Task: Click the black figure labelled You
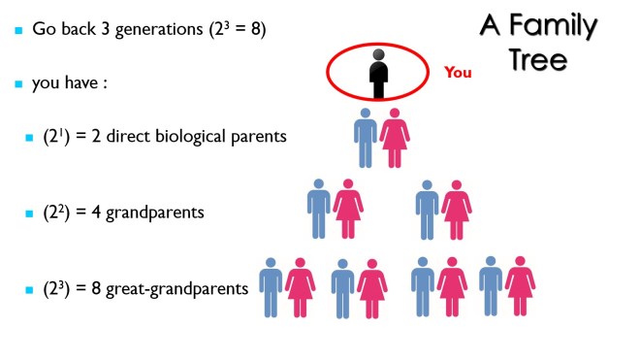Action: [x=378, y=73]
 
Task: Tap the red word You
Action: [x=458, y=72]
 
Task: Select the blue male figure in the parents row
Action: [x=366, y=138]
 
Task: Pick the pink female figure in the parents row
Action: [x=394, y=138]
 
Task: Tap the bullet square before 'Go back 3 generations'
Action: [x=17, y=31]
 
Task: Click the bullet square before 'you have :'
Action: [x=17, y=84]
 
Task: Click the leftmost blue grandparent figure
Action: [x=319, y=209]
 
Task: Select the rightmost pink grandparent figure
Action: [x=455, y=209]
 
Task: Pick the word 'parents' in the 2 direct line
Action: [x=260, y=137]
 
